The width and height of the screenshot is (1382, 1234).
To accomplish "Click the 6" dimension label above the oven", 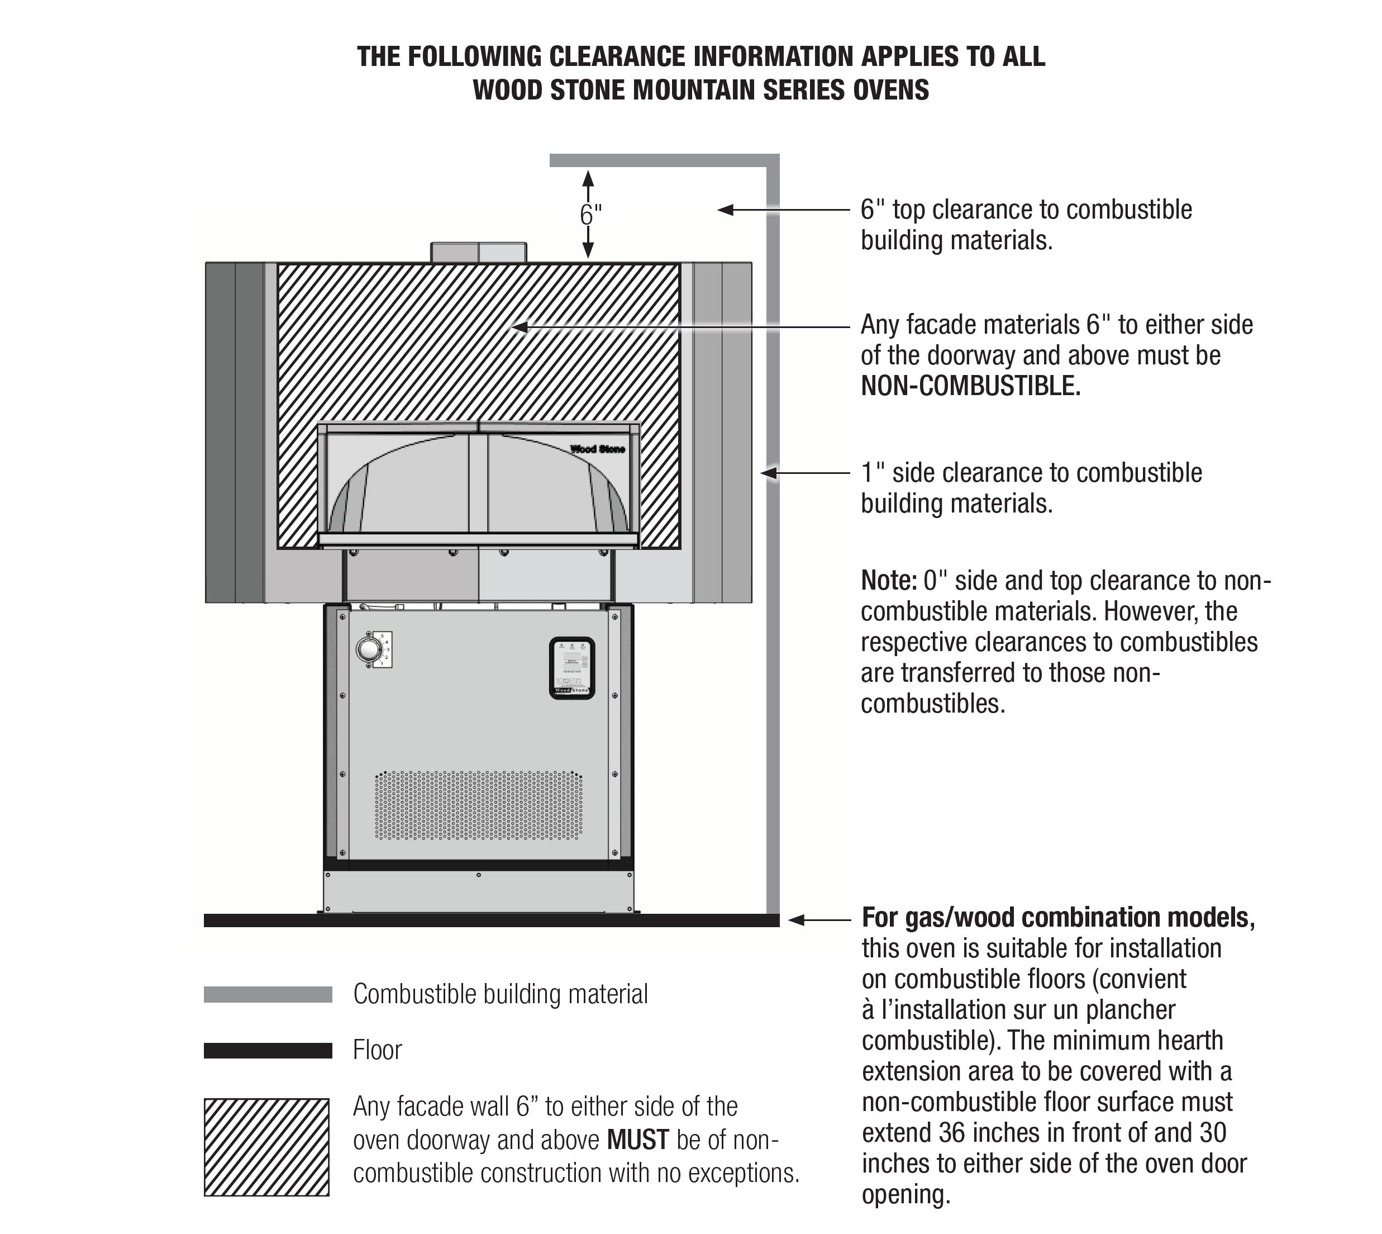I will click(590, 215).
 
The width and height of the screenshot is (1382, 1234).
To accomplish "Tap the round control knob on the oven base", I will click(369, 649).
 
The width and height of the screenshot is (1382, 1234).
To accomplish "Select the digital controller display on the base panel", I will click(571, 667).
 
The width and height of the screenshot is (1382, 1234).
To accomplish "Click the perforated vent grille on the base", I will click(479, 805).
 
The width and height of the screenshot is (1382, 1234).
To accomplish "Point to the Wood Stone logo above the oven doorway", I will click(597, 449).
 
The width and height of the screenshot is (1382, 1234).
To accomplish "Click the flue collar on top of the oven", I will click(479, 252).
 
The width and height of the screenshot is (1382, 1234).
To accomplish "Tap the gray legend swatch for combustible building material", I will click(268, 995).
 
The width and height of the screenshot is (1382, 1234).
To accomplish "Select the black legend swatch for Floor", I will click(268, 1050).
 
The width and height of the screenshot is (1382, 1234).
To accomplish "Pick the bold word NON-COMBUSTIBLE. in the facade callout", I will click(971, 387).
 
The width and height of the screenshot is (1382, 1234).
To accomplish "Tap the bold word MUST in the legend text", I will click(638, 1141).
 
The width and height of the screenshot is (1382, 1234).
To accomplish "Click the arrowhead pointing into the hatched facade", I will click(518, 328).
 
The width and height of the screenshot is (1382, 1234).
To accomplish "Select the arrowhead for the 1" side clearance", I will click(769, 473).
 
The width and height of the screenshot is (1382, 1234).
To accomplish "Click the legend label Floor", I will click(377, 1050).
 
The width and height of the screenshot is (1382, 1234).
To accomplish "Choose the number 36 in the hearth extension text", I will click(953, 1132).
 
